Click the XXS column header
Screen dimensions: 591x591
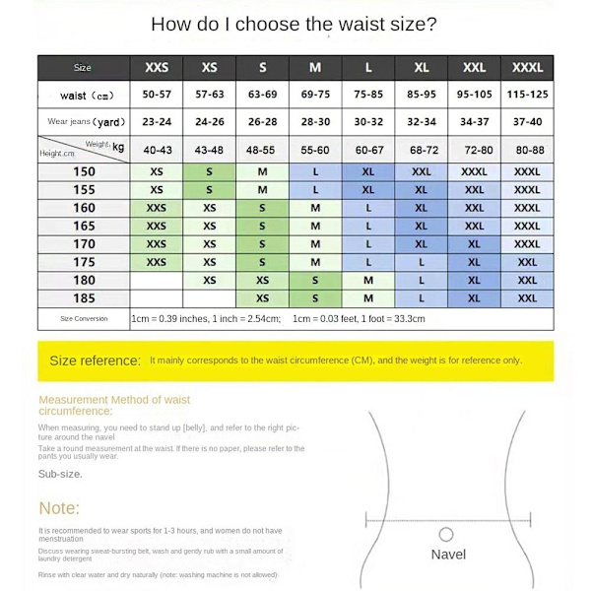[x=157, y=68]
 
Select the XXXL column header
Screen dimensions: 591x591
[x=527, y=68]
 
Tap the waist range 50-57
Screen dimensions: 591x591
[x=157, y=96]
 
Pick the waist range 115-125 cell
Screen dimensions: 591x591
[x=527, y=96]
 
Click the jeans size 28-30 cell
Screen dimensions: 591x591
[x=315, y=122]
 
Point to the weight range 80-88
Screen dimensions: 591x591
[x=527, y=150]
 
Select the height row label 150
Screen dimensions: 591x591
[x=84, y=171]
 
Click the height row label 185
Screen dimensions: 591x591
[x=84, y=297]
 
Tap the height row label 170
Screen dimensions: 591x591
[x=84, y=243]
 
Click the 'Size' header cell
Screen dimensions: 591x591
[x=83, y=68]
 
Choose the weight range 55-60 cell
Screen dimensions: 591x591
[x=315, y=150]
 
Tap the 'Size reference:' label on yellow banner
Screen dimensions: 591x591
[x=95, y=361]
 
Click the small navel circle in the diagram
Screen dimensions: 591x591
[x=446, y=534]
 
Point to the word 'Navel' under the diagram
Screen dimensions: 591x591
[x=448, y=555]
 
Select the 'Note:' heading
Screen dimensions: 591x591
[x=59, y=508]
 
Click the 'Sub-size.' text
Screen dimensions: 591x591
[x=60, y=474]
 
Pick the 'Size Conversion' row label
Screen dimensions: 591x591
[x=84, y=319]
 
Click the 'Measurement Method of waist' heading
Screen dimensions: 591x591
[x=114, y=400]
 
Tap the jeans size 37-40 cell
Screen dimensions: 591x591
[x=527, y=122]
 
